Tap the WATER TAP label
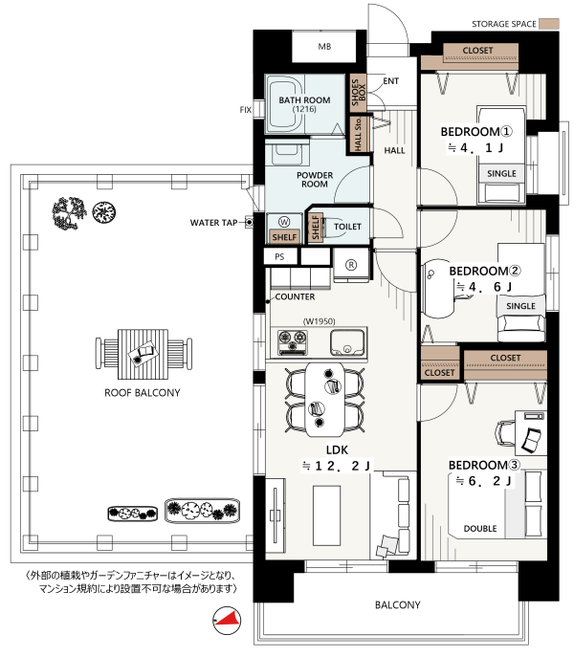coord(213,223)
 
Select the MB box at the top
coord(324,47)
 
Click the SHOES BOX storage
coord(358,93)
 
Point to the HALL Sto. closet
coord(359,134)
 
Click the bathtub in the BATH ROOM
coord(286,103)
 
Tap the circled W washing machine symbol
coord(284,222)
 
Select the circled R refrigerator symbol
coord(351,265)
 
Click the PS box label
coord(279,257)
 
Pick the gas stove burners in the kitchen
coord(293,342)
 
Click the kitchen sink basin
coord(346,342)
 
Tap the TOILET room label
coord(347,227)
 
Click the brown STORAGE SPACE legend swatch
coord(549,24)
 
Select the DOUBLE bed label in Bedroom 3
coord(480,529)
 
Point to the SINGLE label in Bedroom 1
coord(501,173)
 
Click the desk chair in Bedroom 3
coord(505,432)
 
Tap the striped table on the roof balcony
coord(143,354)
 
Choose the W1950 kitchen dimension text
coord(320,321)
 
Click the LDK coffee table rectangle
coord(326,515)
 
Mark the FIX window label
coord(246,110)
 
